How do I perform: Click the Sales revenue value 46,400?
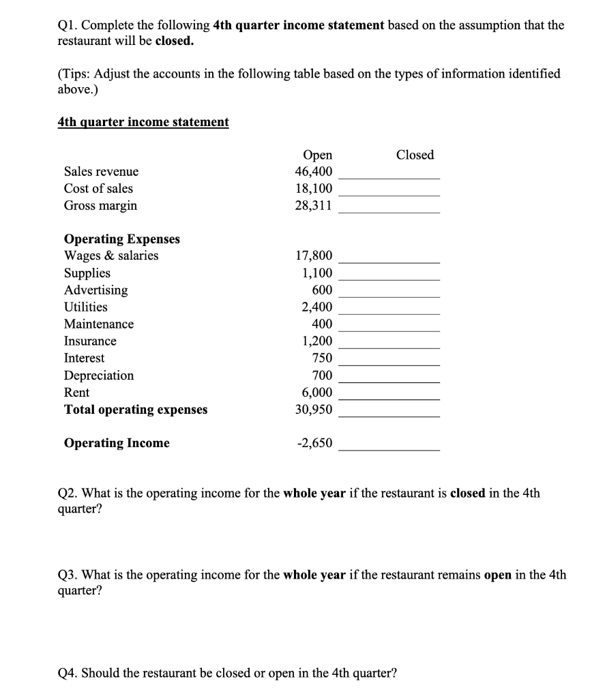coord(314,171)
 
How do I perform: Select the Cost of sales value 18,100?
coord(314,188)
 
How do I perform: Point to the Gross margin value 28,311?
coord(314,205)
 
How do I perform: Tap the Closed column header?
coord(415,155)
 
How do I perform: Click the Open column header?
coord(316,155)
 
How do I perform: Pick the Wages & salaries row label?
coord(111,256)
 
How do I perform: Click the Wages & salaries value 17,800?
coord(314,256)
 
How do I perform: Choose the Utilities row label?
coord(85,307)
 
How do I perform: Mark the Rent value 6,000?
coord(317,392)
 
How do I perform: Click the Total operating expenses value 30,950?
coord(314,410)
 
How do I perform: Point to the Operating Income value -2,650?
coord(314,443)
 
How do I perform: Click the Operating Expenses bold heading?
coord(122,239)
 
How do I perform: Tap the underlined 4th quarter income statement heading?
coord(143,121)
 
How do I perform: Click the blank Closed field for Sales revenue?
coord(389,172)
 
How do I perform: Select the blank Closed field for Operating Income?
coord(389,444)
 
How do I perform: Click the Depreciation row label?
coord(99,375)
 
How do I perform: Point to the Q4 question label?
coord(68,673)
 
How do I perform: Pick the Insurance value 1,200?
coord(317,341)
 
